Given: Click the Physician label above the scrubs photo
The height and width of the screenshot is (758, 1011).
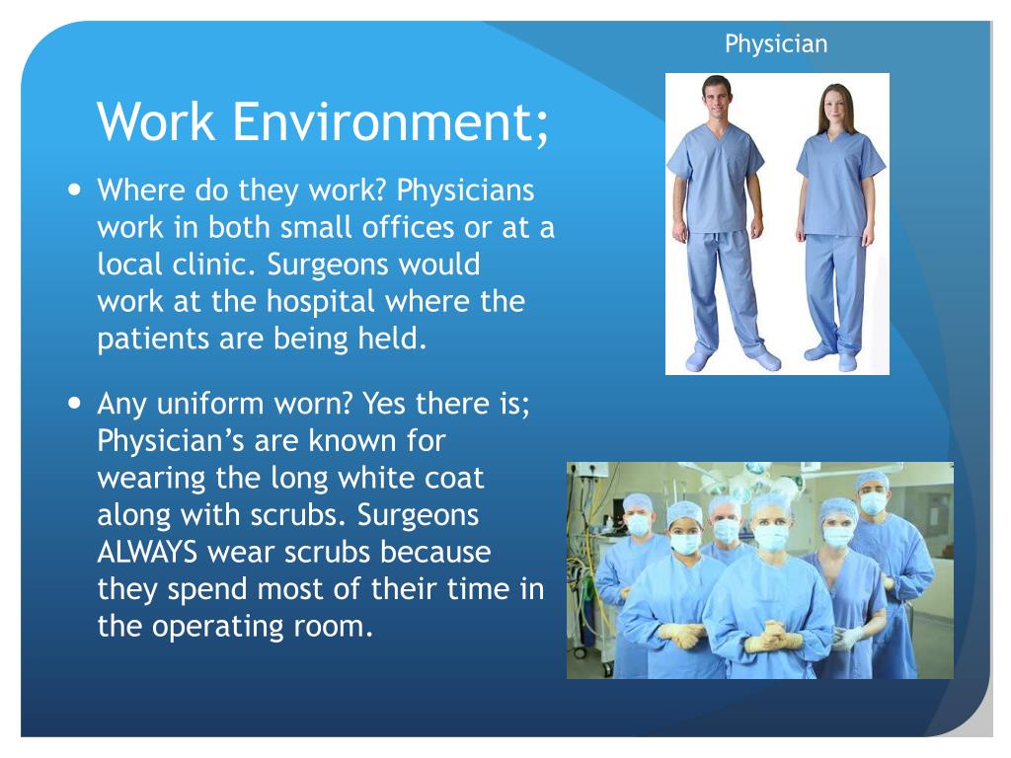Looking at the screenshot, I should tap(775, 43).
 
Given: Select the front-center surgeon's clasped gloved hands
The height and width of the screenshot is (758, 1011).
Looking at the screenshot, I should tap(774, 641).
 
